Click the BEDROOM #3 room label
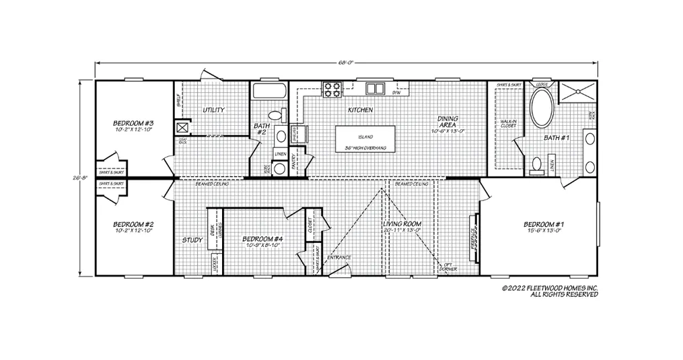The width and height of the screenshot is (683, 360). point(134,124)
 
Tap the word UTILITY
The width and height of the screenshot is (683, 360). point(213,110)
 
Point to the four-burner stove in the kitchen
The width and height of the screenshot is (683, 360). point(332,87)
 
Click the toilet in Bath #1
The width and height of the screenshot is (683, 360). point(537,164)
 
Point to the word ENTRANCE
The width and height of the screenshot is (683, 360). point(338,257)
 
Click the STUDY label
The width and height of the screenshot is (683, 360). point(192,239)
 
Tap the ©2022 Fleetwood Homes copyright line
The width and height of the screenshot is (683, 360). point(550,287)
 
